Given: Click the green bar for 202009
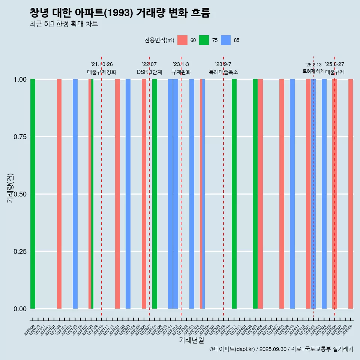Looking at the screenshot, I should click(x=33, y=194).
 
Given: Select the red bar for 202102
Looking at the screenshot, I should click(x=59, y=194).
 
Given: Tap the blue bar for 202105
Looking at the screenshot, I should click(x=75, y=194).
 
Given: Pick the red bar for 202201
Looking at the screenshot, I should click(x=117, y=194).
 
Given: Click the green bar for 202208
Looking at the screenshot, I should click(x=154, y=194).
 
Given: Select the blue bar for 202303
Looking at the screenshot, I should click(x=192, y=194).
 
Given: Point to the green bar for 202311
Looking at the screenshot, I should click(x=234, y=194).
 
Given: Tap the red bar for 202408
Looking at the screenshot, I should click(x=282, y=194).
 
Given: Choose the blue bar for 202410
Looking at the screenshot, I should click(x=292, y=194).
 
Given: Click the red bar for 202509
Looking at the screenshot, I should click(x=351, y=194).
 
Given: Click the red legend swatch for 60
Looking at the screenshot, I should click(x=182, y=40).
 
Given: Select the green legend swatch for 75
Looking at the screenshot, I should click(x=204, y=40).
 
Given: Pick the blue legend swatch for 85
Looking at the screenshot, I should click(x=226, y=40).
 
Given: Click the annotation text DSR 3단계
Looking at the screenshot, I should click(x=149, y=72).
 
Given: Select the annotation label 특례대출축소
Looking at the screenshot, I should click(x=223, y=72).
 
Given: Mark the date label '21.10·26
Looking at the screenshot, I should click(x=102, y=64).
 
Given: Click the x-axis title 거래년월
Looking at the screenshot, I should click(x=192, y=340).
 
